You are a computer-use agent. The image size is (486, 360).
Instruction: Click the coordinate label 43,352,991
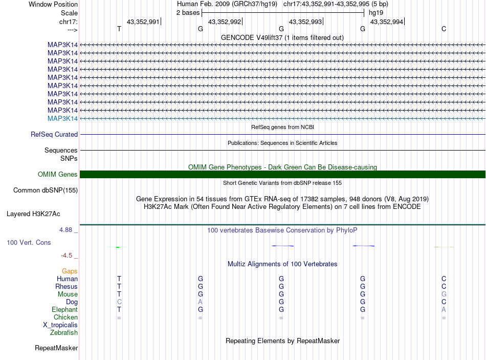[x=143, y=22]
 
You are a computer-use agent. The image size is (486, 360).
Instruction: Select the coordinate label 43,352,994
[x=386, y=22]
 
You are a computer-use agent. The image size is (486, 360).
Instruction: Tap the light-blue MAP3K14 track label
[x=62, y=119]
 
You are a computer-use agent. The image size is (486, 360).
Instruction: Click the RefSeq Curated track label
[x=54, y=135]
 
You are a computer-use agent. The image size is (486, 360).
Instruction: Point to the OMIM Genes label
[x=58, y=175]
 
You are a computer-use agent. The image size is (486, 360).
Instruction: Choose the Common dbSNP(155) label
[x=45, y=190]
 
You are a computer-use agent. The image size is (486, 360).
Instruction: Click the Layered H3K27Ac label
[x=33, y=214]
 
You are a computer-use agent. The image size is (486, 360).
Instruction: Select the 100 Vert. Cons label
[x=29, y=242]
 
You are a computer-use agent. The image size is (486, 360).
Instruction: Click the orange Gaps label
[x=70, y=271]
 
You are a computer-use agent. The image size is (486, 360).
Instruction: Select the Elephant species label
[x=64, y=310]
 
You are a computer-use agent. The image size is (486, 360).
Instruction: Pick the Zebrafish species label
[x=64, y=333]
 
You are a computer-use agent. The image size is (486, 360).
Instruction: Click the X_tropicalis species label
[x=60, y=325]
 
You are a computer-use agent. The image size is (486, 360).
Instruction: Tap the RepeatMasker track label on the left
[x=56, y=348]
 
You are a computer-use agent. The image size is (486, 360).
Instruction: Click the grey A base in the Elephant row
[x=444, y=310]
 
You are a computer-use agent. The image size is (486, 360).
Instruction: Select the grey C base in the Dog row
[x=119, y=302]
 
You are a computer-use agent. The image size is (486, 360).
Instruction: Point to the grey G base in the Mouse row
[x=444, y=294]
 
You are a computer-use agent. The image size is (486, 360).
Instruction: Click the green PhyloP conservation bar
[x=118, y=247]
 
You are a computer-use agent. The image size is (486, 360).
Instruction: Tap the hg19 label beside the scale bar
[x=375, y=13]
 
